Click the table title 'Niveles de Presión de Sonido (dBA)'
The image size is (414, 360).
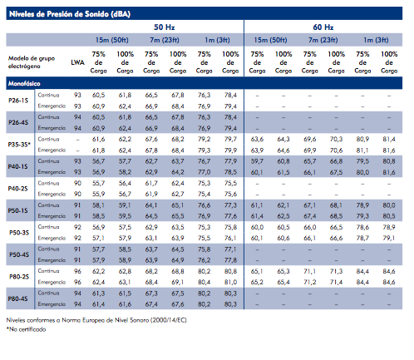tap(70, 14)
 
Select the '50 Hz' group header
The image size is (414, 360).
tap(165, 27)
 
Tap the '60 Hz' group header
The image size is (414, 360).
tap(323, 27)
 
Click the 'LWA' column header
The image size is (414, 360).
tap(77, 62)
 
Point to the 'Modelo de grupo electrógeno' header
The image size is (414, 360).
tap(32, 62)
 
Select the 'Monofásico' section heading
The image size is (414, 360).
tap(24, 83)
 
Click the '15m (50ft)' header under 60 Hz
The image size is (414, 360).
tap(270, 40)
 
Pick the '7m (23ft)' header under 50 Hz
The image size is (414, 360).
tap(165, 40)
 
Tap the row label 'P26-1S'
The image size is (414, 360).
tap(18, 101)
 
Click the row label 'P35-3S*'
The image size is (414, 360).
tap(19, 145)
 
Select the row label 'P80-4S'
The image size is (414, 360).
tap(18, 298)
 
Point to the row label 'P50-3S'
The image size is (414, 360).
tap(19, 233)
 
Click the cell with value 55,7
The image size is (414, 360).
tap(98, 183)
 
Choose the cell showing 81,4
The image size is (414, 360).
tap(389, 139)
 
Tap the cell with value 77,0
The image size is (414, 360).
tap(204, 172)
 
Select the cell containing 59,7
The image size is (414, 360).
tap(257, 161)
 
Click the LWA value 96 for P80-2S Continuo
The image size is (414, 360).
tap(77, 271)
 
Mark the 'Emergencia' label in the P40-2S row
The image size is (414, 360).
tap(52, 194)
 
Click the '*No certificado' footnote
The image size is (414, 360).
tap(26, 329)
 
